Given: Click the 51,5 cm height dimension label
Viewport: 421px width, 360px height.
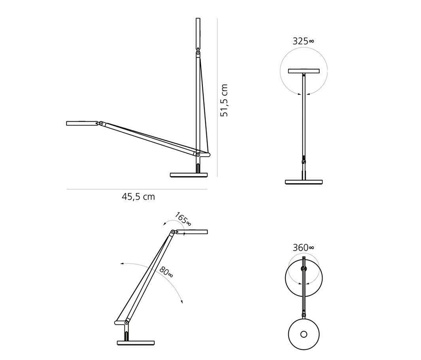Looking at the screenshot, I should tap(224, 100).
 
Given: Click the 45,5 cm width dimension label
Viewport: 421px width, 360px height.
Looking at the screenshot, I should tap(138, 197).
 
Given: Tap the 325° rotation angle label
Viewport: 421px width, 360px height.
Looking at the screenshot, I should tap(303, 41).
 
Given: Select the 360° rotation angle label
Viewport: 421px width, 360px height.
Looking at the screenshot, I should tap(303, 248).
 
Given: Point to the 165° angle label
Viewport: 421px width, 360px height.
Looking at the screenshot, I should tap(183, 219).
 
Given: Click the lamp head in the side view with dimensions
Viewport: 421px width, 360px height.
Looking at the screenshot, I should tap(82, 123).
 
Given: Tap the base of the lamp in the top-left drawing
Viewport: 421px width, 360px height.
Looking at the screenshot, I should tap(189, 175).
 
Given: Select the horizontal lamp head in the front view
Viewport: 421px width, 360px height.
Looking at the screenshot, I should tap(304, 71).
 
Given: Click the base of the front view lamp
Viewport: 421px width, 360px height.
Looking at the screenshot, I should tap(304, 182).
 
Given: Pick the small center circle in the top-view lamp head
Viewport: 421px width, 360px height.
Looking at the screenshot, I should tap(304, 334).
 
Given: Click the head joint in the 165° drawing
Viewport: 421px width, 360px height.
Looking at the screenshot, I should tap(173, 232).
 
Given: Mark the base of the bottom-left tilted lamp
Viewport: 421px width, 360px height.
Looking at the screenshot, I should tap(136, 342).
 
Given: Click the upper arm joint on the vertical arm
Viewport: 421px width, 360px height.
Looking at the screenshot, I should tap(198, 52).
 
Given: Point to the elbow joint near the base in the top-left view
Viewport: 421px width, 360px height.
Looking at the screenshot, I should tap(198, 155).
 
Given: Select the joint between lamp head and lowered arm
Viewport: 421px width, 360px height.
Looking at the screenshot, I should tap(101, 124).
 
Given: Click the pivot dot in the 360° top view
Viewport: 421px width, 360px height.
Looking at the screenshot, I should tap(304, 269).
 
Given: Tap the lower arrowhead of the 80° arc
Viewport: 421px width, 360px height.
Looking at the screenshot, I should tap(182, 302).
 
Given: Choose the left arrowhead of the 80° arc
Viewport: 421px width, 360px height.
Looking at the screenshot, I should tap(122, 263).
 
